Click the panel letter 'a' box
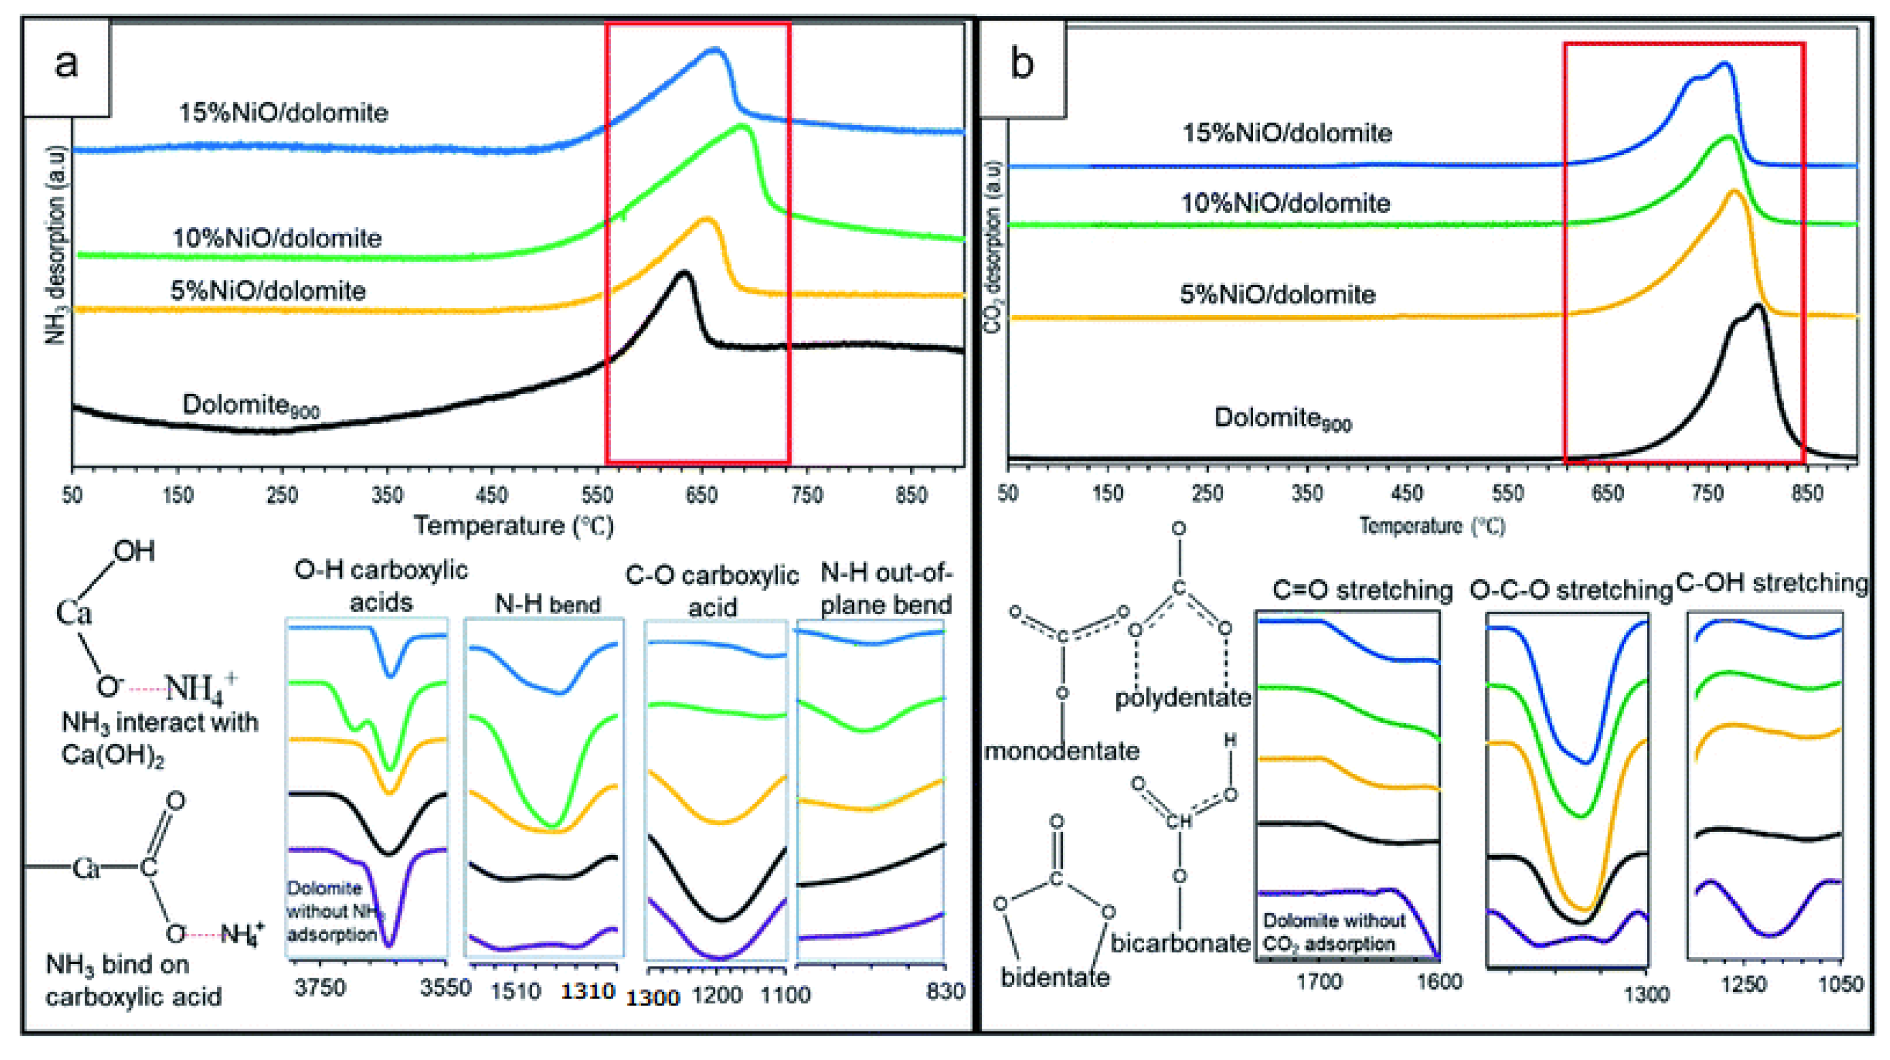pyautogui.click(x=66, y=66)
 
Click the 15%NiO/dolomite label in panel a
pyautogui.click(x=283, y=113)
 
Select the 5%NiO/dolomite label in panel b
pyautogui.click(x=1277, y=295)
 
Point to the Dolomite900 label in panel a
pyautogui.click(x=250, y=406)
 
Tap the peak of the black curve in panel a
pyautogui.click(x=684, y=274)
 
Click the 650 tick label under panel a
pyautogui.click(x=701, y=496)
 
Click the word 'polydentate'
pyautogui.click(x=1182, y=698)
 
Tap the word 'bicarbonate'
pyautogui.click(x=1179, y=943)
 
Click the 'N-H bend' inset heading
pyautogui.click(x=547, y=605)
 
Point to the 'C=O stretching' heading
pyautogui.click(x=1362, y=590)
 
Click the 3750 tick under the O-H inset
pyautogui.click(x=320, y=987)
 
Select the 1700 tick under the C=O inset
pyautogui.click(x=1318, y=981)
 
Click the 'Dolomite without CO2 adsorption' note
pyautogui.click(x=1333, y=932)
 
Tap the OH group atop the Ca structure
pyautogui.click(x=134, y=552)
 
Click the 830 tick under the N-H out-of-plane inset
pyautogui.click(x=945, y=992)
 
